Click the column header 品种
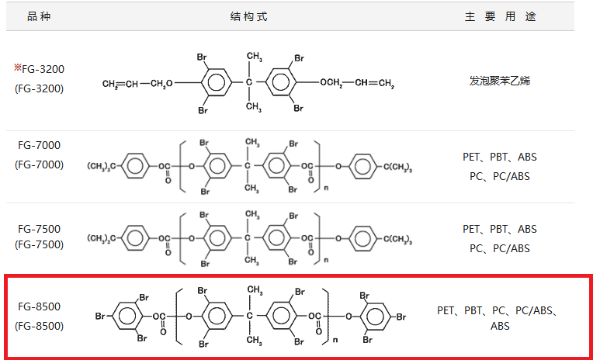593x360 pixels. coord(38,16)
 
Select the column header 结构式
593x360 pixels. coord(248,16)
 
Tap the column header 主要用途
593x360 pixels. coord(500,16)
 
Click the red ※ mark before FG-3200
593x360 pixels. coord(17,67)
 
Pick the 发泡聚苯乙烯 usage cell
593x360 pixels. coord(500,80)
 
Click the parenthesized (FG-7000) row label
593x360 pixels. coord(39,164)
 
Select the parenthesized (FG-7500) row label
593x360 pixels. coord(39,244)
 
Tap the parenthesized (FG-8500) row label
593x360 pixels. coord(39,325)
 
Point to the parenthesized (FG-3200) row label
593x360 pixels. coord(39,88)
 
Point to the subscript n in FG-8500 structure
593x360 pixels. coord(335,339)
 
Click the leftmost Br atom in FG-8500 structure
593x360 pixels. coord(100,317)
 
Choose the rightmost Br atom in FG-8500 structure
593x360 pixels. coord(401,317)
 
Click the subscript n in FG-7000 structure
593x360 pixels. coord(325,186)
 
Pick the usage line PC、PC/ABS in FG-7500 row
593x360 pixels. coord(500,248)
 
